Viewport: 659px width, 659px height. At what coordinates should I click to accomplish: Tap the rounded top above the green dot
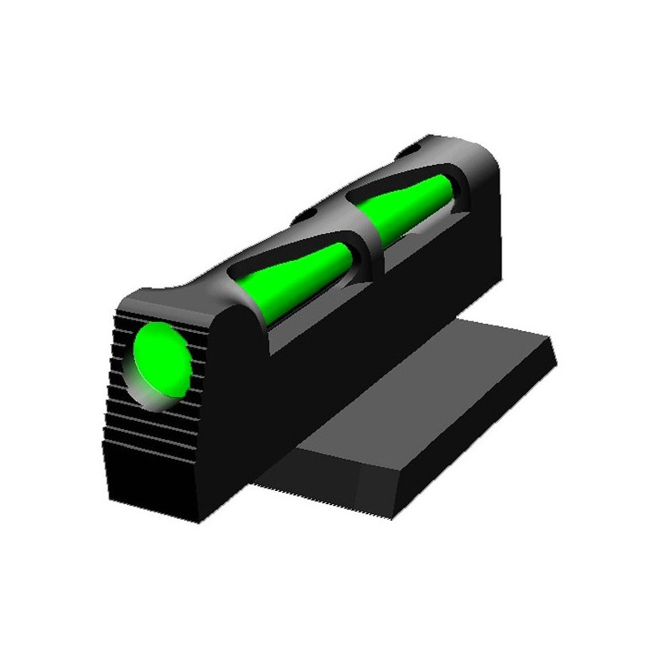165,301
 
